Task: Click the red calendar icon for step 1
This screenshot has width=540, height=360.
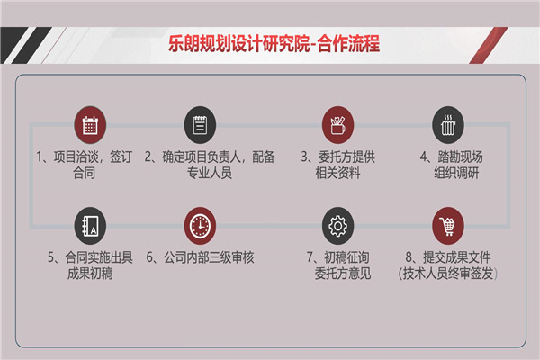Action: [x=90, y=125]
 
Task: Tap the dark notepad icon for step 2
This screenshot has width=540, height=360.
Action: [x=200, y=125]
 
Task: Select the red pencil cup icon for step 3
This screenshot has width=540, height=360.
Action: [x=337, y=125]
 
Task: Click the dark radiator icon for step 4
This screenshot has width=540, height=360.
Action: [x=448, y=125]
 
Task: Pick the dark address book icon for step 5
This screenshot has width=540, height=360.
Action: [x=90, y=226]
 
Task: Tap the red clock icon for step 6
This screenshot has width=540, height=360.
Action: [x=200, y=226]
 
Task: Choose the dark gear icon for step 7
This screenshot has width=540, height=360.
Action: [x=337, y=226]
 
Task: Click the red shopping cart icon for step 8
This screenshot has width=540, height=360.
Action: [x=448, y=226]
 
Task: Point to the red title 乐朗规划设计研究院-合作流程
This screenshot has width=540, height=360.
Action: [x=274, y=44]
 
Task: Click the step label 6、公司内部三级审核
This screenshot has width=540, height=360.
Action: [x=200, y=257]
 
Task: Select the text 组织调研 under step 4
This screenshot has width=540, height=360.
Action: [x=456, y=173]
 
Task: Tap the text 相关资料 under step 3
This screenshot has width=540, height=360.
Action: [x=337, y=173]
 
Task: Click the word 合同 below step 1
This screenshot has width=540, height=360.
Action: [x=84, y=173]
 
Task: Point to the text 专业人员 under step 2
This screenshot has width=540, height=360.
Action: [x=210, y=173]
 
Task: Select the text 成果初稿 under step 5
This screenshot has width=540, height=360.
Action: [x=90, y=274]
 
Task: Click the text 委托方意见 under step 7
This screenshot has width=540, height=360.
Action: [x=343, y=274]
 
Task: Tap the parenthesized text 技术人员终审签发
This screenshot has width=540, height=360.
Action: [x=447, y=274]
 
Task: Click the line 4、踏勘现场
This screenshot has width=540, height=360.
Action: [x=451, y=157]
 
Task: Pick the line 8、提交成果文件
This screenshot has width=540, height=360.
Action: [x=447, y=257]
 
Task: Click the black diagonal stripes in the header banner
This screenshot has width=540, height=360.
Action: [x=25, y=46]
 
